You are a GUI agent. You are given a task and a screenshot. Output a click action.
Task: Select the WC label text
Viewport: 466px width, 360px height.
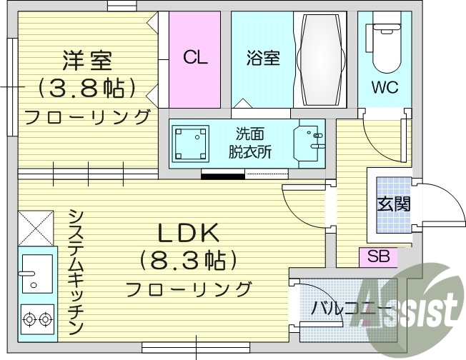point(384,88)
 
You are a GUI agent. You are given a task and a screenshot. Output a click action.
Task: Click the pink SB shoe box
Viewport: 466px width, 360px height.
point(378,256)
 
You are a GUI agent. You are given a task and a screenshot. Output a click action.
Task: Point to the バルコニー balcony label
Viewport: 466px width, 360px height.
point(350,309)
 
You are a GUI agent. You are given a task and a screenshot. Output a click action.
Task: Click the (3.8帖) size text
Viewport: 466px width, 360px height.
point(88,89)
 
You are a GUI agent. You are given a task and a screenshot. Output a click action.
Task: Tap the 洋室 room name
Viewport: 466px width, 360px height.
point(87,59)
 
